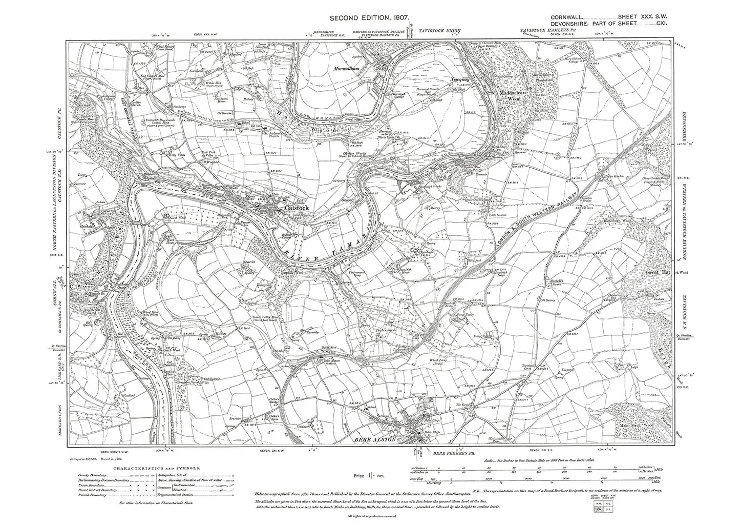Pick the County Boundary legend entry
(x=90, y=475)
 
